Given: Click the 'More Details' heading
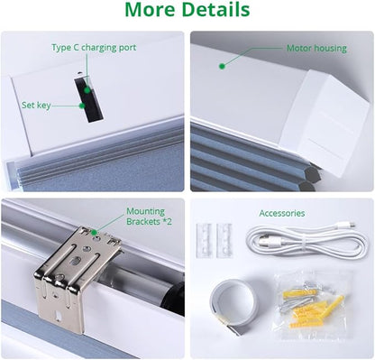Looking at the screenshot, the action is pos(187,9).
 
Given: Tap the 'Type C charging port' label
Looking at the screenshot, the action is pos(94,48).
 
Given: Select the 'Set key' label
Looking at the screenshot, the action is pos(36,106).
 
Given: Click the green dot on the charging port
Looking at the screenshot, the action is pos(87,90).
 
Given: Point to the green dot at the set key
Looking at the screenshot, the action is pos(82,106).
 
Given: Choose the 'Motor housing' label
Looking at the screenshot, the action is pos(316,48).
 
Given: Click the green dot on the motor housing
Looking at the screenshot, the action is pos(222,67).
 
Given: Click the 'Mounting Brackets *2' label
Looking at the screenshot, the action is pos(149,217).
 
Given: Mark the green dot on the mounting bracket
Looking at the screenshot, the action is pos(94,232).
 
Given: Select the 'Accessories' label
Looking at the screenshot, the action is pos(282,213).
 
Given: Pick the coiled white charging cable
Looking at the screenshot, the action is pos(306,242).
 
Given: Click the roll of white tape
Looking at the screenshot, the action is pos(234,304).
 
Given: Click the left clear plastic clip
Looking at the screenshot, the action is pos(205,241).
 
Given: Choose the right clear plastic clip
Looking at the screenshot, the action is pos(224,241).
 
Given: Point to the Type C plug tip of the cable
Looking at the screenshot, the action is pos(353,224).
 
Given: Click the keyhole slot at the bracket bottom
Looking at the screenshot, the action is pos(59,316).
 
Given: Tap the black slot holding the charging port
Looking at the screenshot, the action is pos(89,99).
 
